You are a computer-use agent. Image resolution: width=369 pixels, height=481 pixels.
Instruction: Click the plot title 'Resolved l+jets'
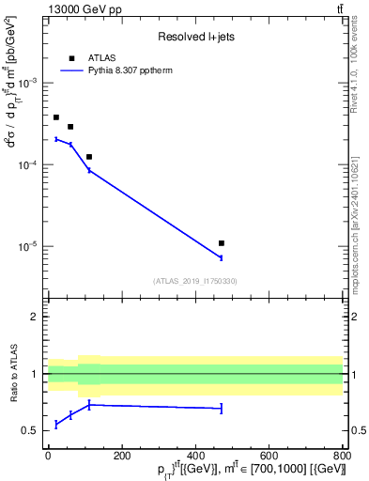(x=195, y=38)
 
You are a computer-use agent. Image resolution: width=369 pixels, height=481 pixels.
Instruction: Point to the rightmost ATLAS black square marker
(x=222, y=243)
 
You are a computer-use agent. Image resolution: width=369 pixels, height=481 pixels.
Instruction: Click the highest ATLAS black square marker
(x=56, y=117)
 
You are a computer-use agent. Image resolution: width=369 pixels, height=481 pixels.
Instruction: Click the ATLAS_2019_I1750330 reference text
(x=195, y=281)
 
